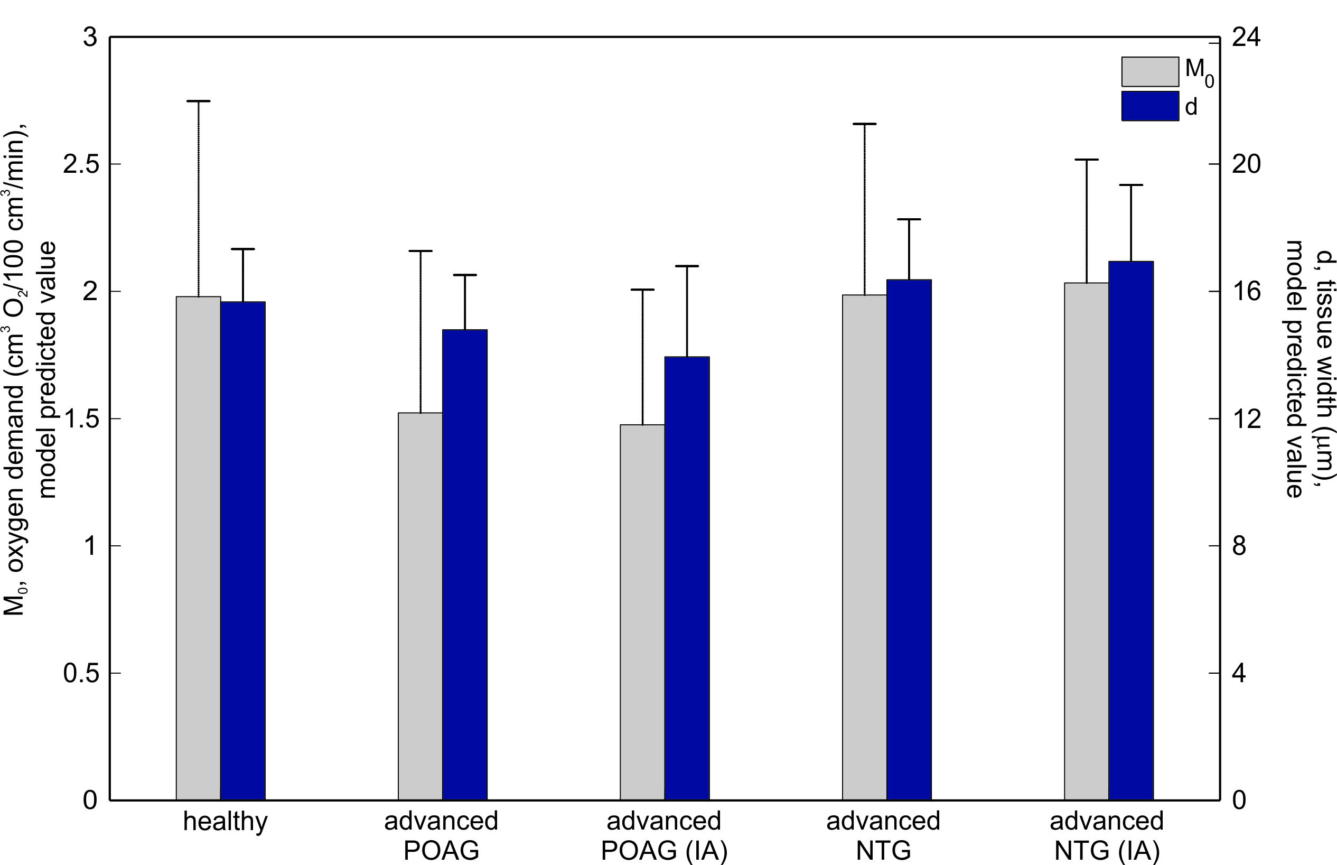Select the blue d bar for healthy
tap(242, 551)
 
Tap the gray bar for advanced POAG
tap(420, 606)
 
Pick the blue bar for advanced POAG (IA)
tap(687, 578)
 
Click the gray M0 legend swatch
tap(1149, 72)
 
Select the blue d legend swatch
tap(1149, 106)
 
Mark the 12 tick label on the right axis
tap(1246, 419)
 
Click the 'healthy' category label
tap(225, 822)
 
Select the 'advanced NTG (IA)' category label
tap(1106, 836)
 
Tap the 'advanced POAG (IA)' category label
tap(663, 836)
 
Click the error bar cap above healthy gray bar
tap(198, 101)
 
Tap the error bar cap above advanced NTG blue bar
tap(909, 219)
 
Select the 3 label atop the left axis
tap(90, 38)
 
